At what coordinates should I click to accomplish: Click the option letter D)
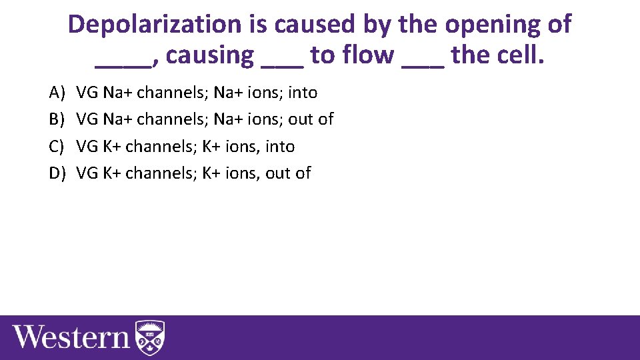tap(57, 174)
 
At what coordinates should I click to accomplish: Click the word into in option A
tap(302, 92)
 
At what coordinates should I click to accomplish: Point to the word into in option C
tap(279, 147)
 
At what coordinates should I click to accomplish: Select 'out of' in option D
tap(288, 174)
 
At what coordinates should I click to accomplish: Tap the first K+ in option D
tap(112, 174)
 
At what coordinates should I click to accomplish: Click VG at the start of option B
tap(87, 119)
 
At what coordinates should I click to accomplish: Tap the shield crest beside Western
tap(150, 337)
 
